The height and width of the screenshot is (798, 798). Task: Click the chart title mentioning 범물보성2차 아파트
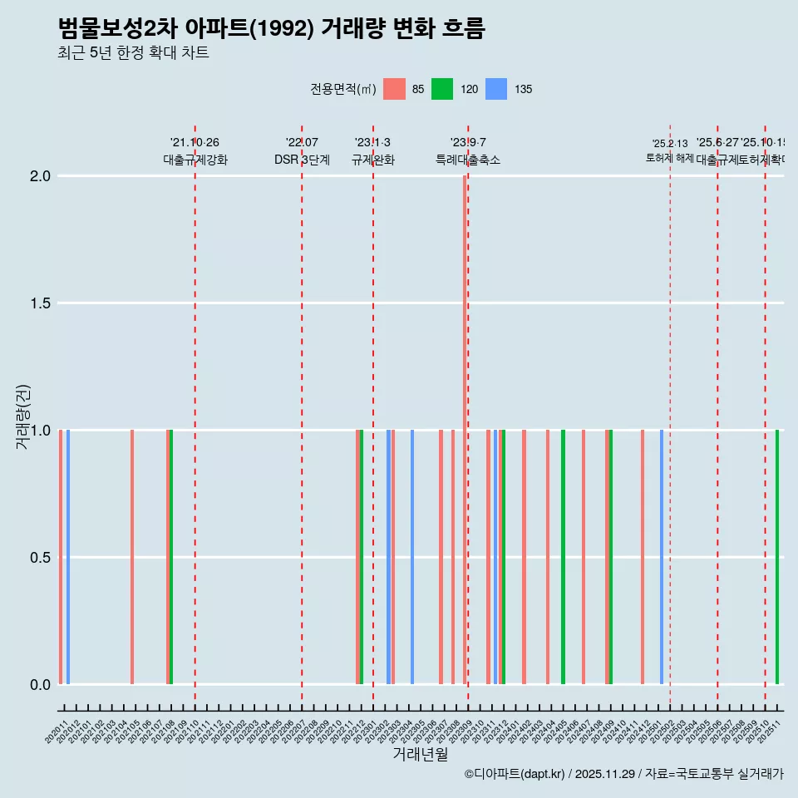(271, 28)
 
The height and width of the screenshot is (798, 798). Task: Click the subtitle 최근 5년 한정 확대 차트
(133, 53)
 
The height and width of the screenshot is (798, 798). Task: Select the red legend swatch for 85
(394, 89)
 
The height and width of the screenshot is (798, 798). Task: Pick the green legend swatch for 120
(442, 89)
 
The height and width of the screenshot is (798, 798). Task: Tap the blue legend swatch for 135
(495, 89)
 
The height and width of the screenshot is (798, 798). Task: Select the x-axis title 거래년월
(420, 755)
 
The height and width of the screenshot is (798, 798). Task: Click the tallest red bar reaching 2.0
(465, 416)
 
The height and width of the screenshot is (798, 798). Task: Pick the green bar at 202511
(777, 557)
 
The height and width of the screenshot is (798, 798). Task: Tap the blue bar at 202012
(68, 557)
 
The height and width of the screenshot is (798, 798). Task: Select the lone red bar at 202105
(132, 557)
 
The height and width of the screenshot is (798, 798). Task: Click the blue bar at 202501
(662, 557)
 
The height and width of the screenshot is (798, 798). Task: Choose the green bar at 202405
(563, 557)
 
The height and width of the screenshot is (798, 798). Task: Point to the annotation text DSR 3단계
(302, 160)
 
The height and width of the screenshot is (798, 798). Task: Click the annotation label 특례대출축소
(468, 160)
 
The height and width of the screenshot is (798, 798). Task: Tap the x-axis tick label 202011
(56, 734)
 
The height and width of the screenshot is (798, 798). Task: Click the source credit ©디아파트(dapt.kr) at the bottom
(515, 775)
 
